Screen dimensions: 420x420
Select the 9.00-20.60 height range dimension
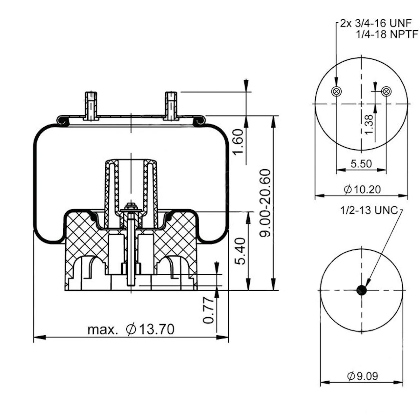265,203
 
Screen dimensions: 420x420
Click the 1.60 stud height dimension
238,142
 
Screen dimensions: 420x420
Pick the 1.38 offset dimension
368,125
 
